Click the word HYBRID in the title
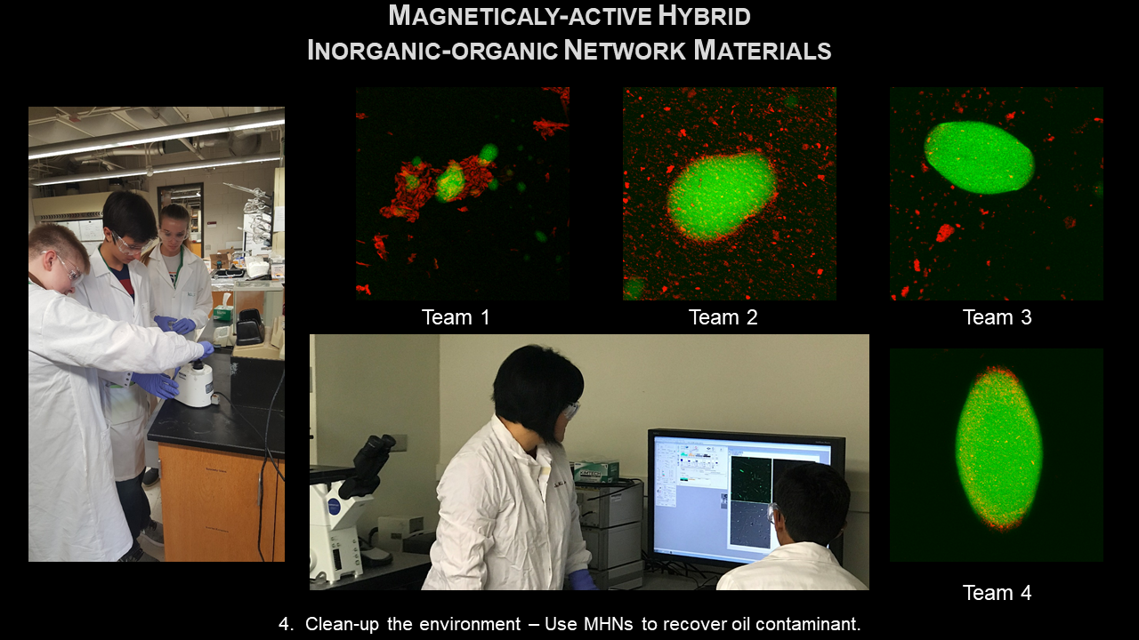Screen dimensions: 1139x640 pos(704,16)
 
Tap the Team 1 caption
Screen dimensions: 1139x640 pos(456,317)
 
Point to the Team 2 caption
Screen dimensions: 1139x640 pos(723,317)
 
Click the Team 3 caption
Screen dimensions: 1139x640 pos(998,317)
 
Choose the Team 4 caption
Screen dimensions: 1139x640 pos(998,593)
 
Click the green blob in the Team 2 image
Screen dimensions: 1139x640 pos(722,196)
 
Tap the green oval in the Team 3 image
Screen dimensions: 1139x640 pos(979,157)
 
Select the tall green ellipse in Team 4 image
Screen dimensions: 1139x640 pos(998,450)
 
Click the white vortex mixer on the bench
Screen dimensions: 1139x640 pos(194,383)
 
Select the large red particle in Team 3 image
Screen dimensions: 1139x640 pos(945,233)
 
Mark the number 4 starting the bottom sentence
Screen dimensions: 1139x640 pos(286,624)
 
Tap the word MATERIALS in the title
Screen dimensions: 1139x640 pos(763,51)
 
